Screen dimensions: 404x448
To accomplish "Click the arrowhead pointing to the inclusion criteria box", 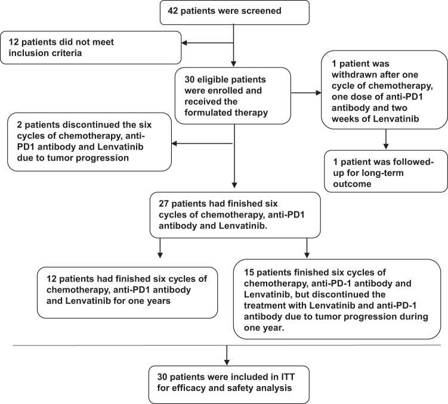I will coord(186,42).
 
